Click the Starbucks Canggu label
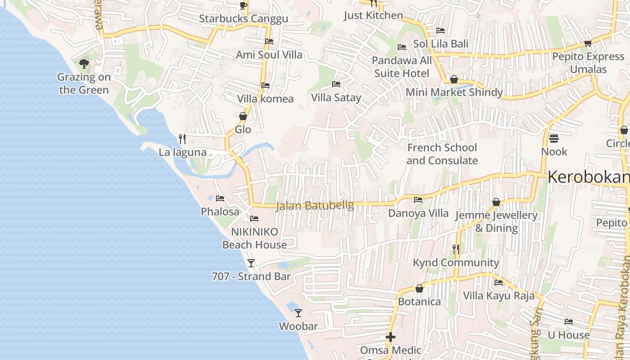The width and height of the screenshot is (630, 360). (x=243, y=19)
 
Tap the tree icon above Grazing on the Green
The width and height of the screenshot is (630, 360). (x=84, y=63)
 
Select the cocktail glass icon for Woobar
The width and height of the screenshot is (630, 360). (x=298, y=313)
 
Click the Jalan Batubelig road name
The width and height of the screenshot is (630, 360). (x=315, y=206)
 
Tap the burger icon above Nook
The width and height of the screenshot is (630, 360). (x=553, y=138)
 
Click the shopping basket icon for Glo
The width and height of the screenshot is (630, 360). (x=243, y=116)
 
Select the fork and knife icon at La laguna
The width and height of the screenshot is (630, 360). (x=182, y=139)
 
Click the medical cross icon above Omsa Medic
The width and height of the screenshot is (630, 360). (x=391, y=337)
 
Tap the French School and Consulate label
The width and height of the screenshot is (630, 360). (x=442, y=154)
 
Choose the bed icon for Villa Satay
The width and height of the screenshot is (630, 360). (x=336, y=84)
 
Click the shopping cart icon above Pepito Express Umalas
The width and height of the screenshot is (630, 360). (x=588, y=43)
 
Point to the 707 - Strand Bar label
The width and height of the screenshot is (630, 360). (x=251, y=276)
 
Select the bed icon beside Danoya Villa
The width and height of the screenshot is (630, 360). (x=418, y=200)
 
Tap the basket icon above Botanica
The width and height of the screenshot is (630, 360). (x=419, y=288)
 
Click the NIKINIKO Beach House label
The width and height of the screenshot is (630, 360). (x=255, y=238)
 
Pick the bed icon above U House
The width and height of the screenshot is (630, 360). (x=569, y=322)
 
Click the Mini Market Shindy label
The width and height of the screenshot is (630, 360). (x=454, y=92)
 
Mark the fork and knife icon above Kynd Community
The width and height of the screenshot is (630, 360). (x=456, y=249)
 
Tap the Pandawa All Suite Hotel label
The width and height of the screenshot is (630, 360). (x=402, y=67)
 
